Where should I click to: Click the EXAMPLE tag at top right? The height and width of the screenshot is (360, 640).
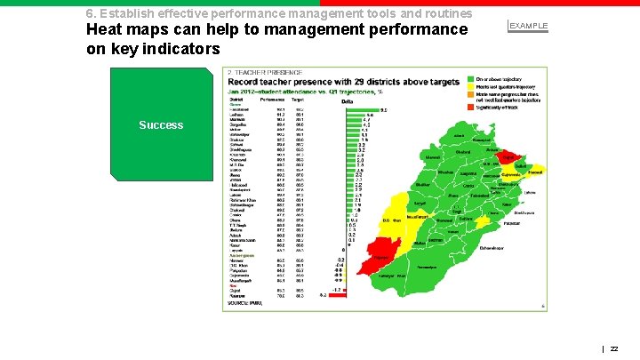click(x=528, y=26)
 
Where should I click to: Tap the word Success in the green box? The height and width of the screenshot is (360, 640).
click(x=161, y=124)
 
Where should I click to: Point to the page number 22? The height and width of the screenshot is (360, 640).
click(x=614, y=349)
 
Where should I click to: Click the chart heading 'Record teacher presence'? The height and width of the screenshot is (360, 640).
click(x=343, y=82)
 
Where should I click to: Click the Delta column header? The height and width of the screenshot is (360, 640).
click(x=348, y=101)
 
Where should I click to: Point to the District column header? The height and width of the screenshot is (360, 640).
click(x=234, y=100)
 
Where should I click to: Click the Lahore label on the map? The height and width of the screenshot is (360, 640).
click(x=531, y=192)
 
